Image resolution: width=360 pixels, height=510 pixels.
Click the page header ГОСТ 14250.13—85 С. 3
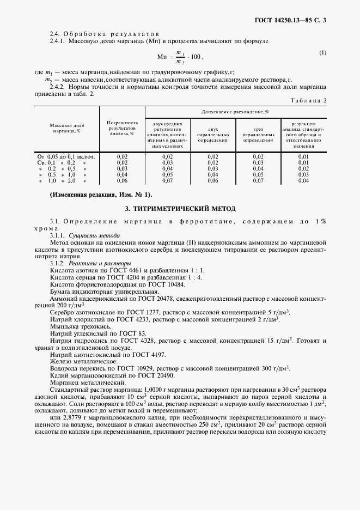(x=294, y=21)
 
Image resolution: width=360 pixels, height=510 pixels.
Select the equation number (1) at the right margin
(x=322, y=53)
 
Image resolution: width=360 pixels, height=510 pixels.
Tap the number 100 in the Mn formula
(x=193, y=57)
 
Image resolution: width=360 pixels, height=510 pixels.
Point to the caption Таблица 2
(x=308, y=100)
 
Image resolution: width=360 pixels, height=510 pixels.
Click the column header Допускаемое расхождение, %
(x=235, y=111)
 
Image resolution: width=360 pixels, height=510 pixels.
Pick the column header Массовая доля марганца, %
(x=67, y=128)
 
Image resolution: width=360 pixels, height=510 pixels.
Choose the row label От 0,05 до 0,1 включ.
(x=66, y=156)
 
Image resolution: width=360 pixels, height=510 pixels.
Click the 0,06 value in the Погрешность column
(x=122, y=180)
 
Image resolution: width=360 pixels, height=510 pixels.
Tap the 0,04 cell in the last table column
(x=303, y=180)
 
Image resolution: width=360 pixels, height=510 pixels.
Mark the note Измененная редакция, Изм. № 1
(x=101, y=195)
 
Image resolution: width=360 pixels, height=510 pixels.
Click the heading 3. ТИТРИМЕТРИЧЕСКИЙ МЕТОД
(x=180, y=208)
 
